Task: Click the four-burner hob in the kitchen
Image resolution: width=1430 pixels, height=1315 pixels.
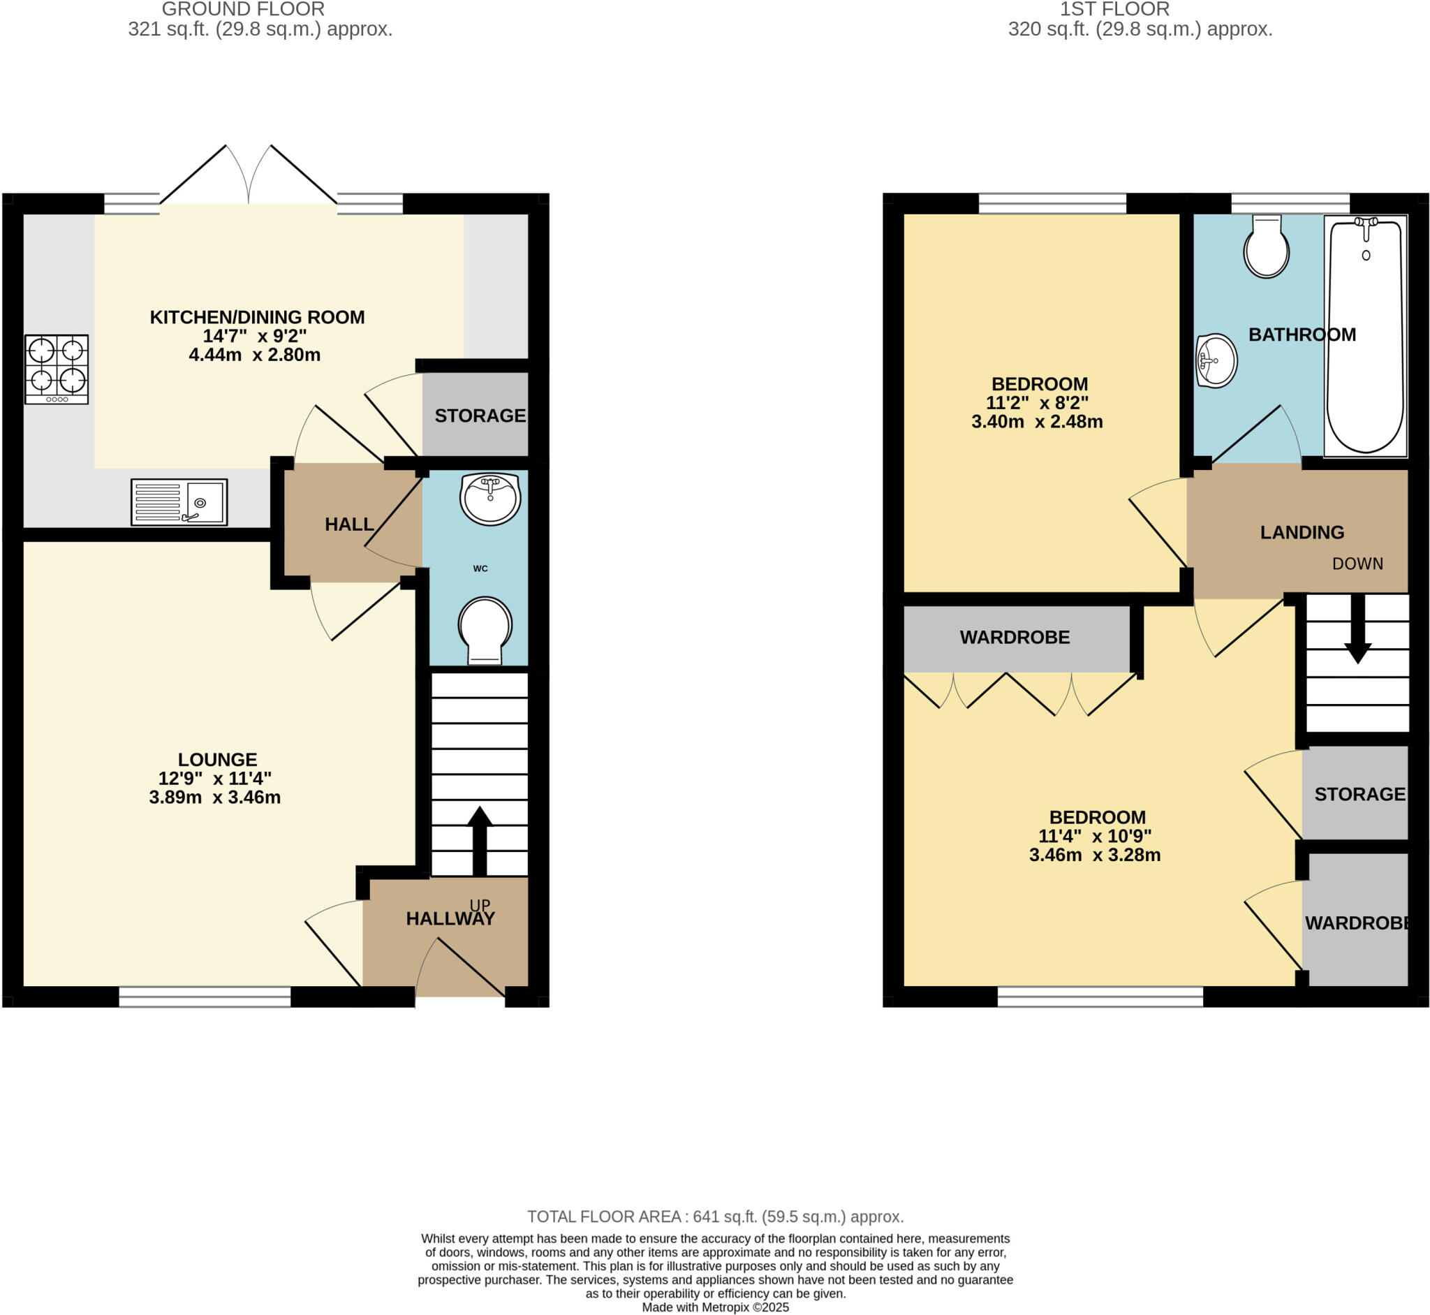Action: [x=56, y=369]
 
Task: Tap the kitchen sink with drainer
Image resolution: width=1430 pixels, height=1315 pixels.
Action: [x=179, y=502]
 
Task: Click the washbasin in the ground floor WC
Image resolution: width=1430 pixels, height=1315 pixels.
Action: [x=490, y=497]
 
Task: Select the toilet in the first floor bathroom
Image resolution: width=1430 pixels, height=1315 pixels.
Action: [x=1267, y=247]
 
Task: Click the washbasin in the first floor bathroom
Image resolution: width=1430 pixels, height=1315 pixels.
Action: [x=1216, y=361]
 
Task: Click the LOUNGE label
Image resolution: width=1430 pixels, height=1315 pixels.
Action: [x=217, y=759]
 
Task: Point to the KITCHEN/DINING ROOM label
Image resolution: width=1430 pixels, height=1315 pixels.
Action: [x=257, y=317]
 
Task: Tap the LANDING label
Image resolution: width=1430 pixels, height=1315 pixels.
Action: [x=1302, y=532]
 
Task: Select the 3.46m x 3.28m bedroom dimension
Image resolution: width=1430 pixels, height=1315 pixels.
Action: [x=1094, y=855]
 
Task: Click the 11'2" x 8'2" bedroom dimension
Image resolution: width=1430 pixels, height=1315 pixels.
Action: [x=1038, y=403]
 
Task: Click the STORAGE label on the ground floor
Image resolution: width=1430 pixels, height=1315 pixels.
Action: [x=480, y=416]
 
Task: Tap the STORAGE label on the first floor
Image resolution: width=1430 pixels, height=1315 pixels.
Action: [x=1359, y=794]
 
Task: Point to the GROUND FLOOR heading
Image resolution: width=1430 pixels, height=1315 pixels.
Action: [x=243, y=9]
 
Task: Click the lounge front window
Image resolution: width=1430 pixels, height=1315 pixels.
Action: [x=205, y=997]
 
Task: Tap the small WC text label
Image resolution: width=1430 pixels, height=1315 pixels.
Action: [x=480, y=568]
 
